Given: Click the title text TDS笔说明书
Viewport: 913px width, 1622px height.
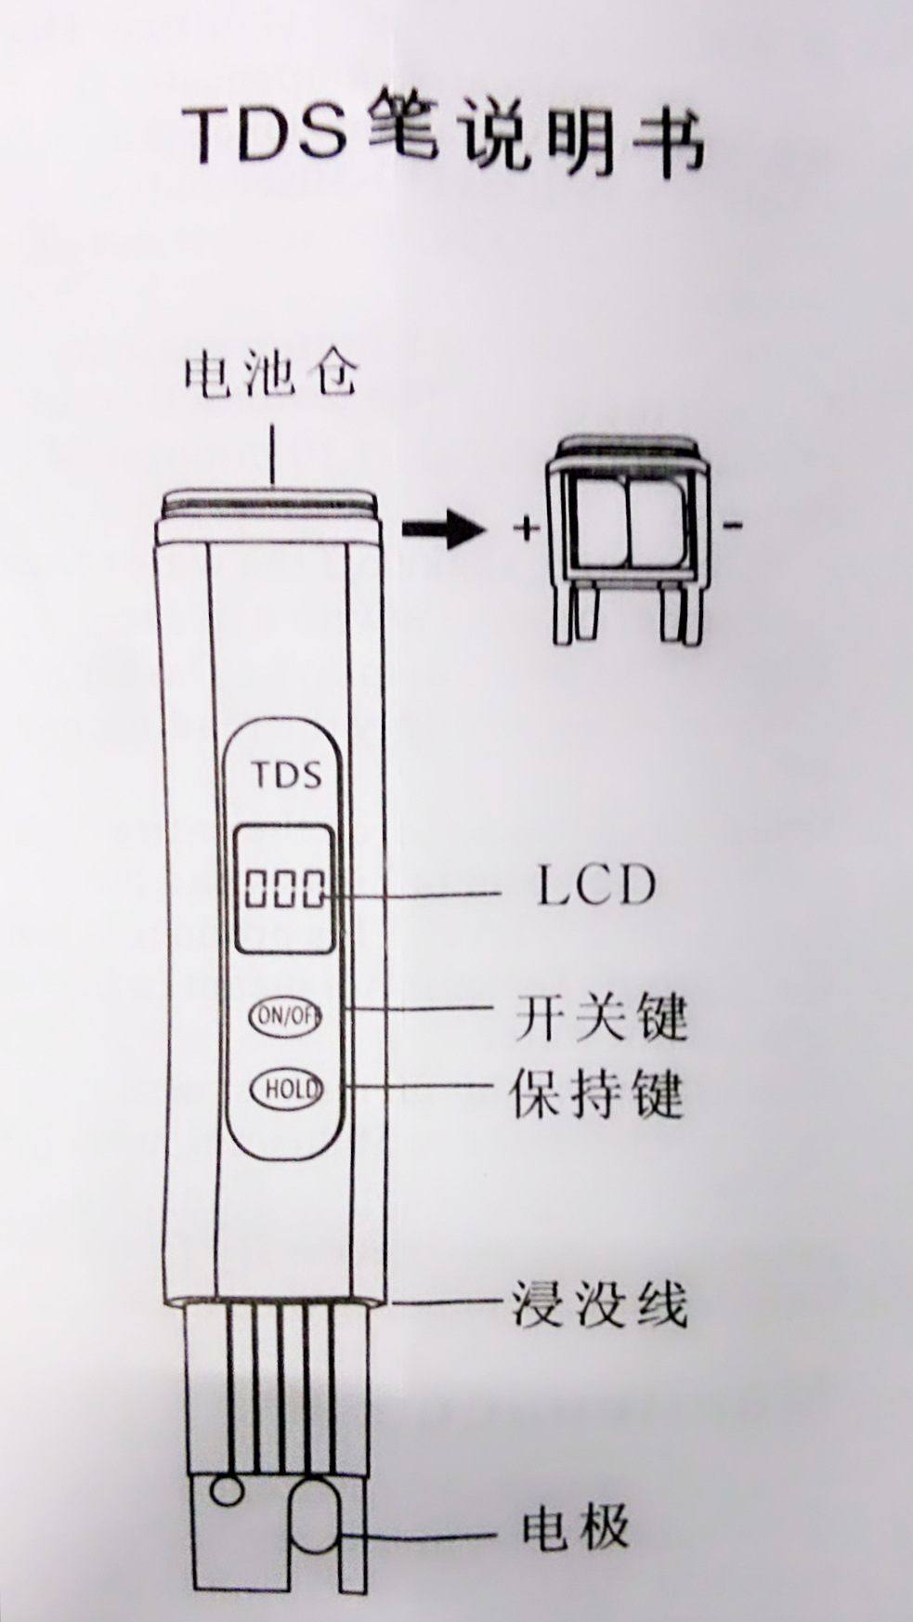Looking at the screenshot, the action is point(443,139).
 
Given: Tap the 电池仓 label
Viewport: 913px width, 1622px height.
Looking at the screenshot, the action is point(270,375).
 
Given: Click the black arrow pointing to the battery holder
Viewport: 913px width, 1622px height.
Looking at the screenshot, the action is point(443,530).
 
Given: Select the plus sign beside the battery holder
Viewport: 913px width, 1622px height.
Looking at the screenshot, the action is point(526,530).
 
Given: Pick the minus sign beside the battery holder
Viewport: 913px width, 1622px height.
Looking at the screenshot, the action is point(733,527).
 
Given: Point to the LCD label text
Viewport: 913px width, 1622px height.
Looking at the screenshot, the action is point(596,885).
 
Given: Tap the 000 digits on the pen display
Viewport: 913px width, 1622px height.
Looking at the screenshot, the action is point(284,889).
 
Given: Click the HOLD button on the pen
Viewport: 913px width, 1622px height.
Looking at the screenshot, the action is point(286,1089).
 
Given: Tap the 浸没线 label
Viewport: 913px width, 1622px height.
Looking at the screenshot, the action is point(599,1304).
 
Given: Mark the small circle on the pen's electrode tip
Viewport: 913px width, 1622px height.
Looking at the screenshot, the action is point(228,1491).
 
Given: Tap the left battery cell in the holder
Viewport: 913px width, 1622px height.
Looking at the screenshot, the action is point(602,524).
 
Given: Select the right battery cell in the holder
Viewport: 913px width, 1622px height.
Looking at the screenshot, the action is point(659,524).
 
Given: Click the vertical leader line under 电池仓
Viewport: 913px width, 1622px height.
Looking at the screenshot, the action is point(273,454).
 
